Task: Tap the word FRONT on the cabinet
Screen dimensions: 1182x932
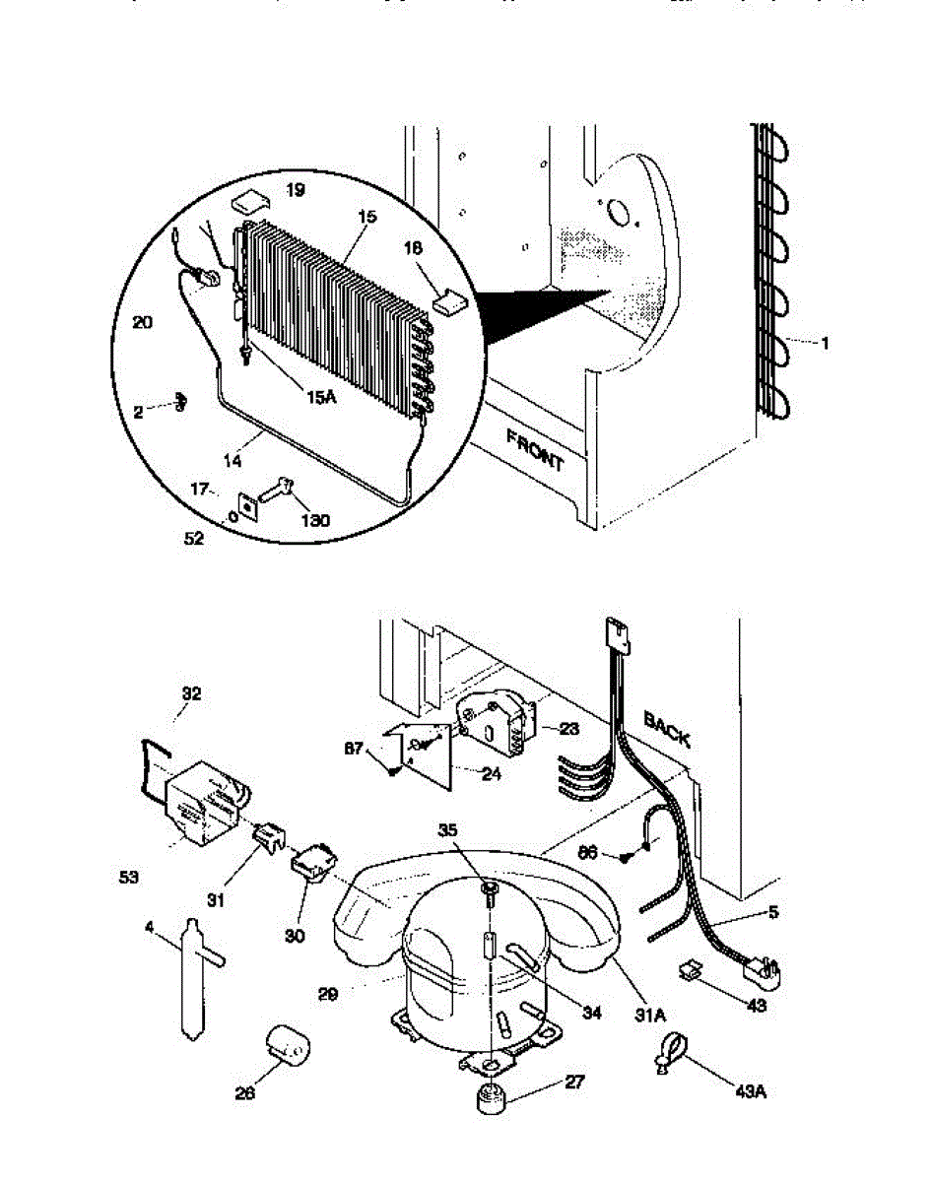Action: [x=535, y=448]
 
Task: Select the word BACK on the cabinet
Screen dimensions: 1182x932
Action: [x=666, y=731]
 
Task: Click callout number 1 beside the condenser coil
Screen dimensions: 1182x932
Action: [x=825, y=343]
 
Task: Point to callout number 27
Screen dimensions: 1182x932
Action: [x=574, y=1082]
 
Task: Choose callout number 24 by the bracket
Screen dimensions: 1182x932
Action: [x=491, y=774]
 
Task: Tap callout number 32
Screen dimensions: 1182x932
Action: [x=191, y=693]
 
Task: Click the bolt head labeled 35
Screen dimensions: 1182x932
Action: [x=491, y=891]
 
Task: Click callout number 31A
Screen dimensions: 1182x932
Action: [x=646, y=1004]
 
